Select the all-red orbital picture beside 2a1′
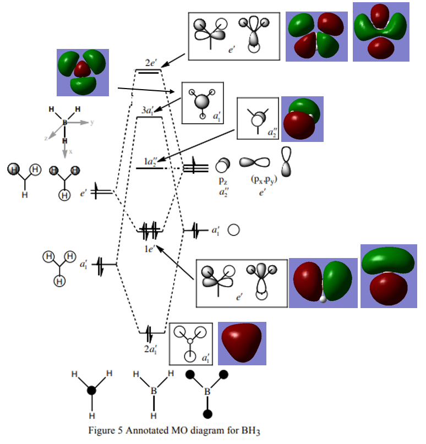[x=242, y=343]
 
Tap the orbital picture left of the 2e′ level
[x=83, y=72]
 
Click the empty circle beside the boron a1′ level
[x=233, y=230]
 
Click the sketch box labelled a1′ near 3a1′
[x=203, y=102]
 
